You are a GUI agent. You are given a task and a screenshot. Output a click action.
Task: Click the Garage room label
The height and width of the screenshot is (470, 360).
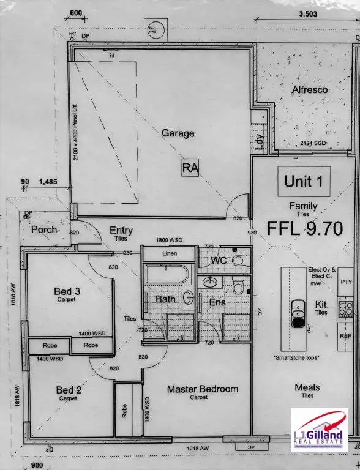coord(178,133)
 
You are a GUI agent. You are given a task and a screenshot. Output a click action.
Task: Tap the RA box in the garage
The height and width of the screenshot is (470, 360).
coord(190,168)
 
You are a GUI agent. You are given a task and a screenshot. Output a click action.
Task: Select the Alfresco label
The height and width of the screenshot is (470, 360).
coord(309,90)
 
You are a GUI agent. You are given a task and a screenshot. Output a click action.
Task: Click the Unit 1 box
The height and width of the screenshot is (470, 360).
coord(307,181)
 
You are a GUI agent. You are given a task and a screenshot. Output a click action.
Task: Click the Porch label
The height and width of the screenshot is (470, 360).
coord(45,229)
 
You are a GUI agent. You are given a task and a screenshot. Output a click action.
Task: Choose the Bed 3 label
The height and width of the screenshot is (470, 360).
coord(67,292)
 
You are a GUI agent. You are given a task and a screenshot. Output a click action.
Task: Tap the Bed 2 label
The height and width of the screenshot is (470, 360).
coord(67,390)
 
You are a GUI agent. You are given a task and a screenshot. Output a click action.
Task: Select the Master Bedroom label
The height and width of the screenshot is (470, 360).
coord(203,389)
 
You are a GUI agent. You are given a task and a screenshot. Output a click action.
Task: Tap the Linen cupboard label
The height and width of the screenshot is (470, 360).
coord(170,253)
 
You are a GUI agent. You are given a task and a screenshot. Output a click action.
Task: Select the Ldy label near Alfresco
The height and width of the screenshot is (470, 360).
coord(259,142)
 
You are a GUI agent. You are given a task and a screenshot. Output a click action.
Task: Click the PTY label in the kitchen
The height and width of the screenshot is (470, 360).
coord(347,283)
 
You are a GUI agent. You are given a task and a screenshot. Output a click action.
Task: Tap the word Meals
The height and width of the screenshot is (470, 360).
coord(307,387)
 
